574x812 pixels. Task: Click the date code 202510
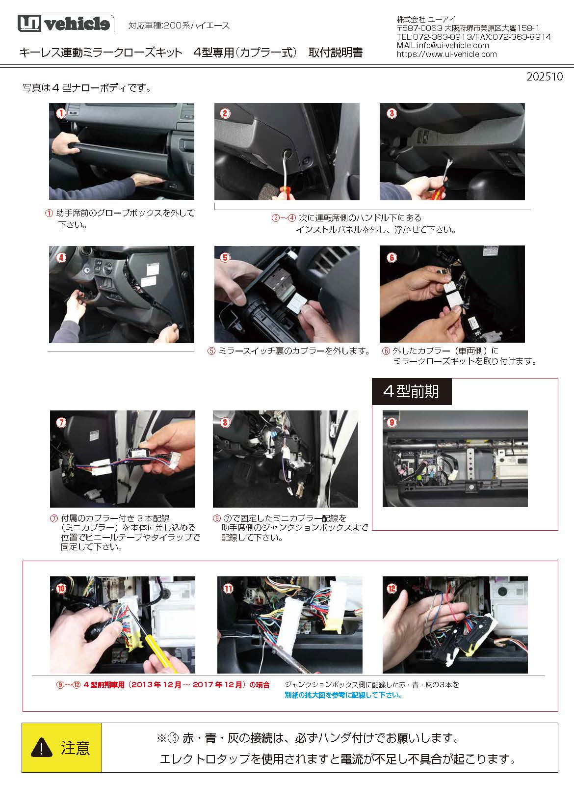point(545,77)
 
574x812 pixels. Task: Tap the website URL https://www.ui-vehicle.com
point(446,54)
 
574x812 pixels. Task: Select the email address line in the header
point(443,46)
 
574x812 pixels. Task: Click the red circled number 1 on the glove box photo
point(61,113)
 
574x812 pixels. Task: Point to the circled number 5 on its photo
point(225,257)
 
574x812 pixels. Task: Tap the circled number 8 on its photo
point(225,422)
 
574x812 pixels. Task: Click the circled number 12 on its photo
point(392,588)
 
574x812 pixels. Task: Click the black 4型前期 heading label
point(412,391)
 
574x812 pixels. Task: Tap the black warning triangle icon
point(42,748)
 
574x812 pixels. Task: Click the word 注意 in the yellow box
point(76,748)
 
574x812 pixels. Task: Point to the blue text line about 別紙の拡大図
point(343,695)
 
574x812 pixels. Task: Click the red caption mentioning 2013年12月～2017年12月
point(163,685)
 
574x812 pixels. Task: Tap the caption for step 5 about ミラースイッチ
point(288,351)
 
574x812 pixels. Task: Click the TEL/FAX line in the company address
point(474,37)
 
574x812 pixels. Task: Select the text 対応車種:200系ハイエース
point(179,26)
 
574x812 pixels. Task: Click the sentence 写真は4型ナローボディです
point(87,88)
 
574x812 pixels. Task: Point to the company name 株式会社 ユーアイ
point(426,19)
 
